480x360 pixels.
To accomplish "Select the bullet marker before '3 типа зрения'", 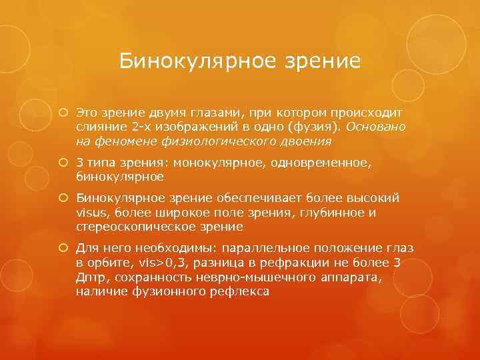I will click(65, 163).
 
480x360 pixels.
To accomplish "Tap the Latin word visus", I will click(91, 213).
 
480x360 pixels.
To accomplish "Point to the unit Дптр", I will click(90, 277).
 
